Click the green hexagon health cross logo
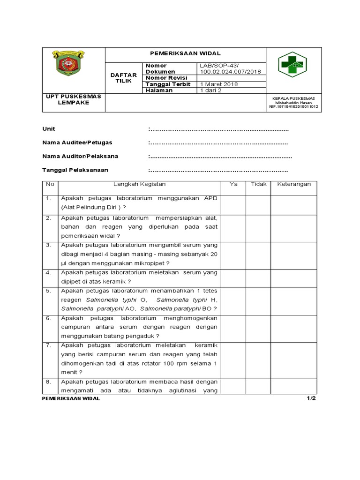292,65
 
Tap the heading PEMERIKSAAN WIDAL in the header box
185,54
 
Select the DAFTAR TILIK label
123,78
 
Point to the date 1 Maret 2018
219,84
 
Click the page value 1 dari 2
211,90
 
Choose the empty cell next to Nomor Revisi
231,78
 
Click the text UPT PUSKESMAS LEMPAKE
73,99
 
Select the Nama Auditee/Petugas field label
77,142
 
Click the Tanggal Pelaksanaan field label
75,170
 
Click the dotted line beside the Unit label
218,129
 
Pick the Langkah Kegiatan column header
139,185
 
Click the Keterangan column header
293,185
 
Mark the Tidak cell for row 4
258,277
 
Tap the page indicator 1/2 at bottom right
312,398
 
